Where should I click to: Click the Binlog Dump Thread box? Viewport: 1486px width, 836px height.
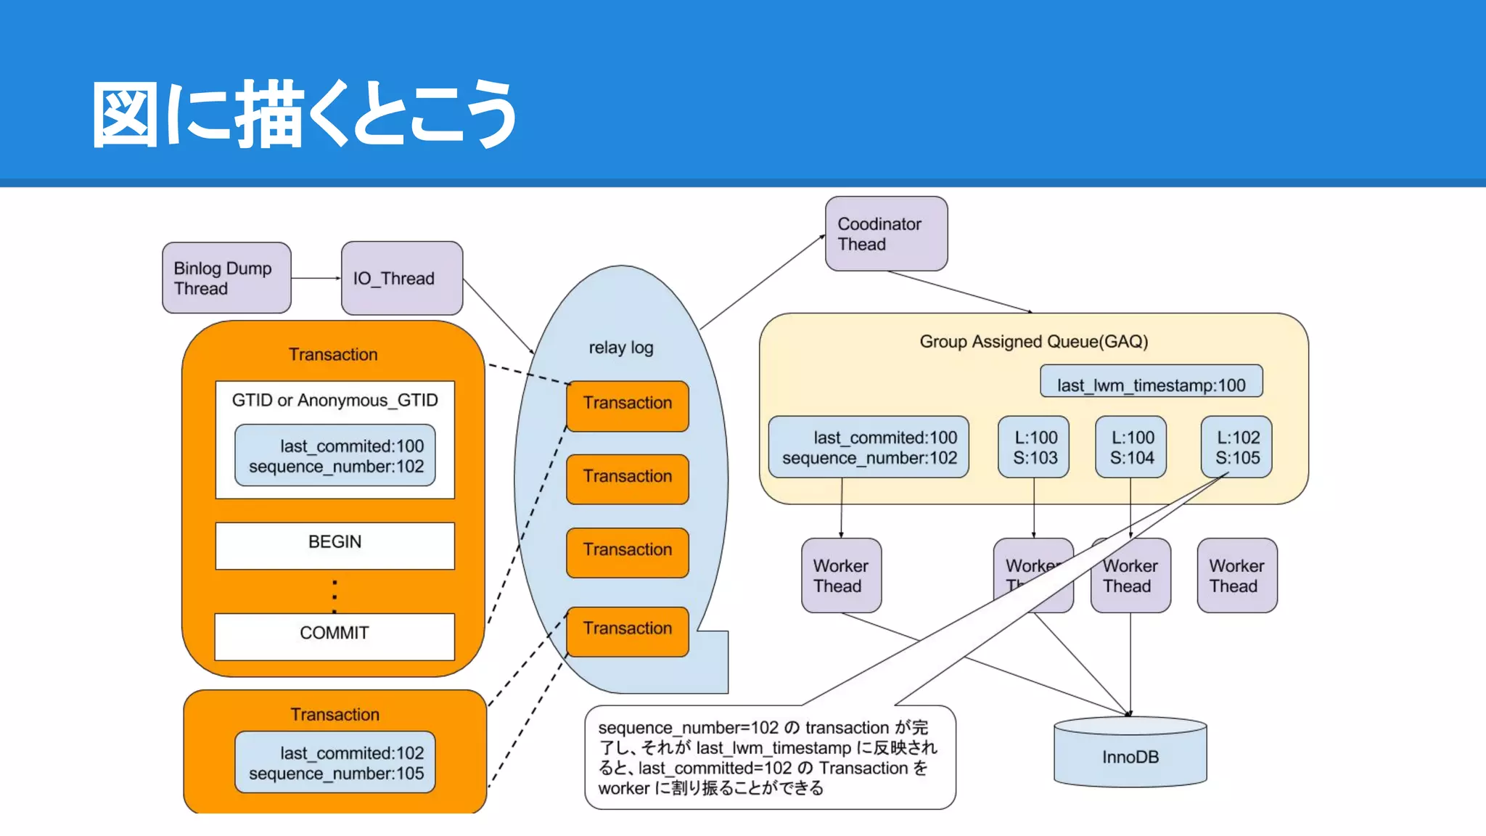click(226, 278)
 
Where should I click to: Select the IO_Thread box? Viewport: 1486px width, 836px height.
click(401, 278)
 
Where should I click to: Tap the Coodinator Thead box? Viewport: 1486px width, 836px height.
click(886, 234)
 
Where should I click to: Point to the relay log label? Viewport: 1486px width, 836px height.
click(621, 348)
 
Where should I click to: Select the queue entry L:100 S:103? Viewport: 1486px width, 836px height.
click(1034, 447)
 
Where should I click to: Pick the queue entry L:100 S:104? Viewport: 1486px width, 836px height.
click(1130, 447)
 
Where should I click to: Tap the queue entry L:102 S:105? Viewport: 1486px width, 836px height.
click(1236, 447)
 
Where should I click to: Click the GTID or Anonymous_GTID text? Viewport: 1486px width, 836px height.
click(334, 401)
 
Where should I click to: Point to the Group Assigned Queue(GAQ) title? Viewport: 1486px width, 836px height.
click(1033, 342)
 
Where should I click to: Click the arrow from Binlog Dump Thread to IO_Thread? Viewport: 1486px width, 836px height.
click(316, 278)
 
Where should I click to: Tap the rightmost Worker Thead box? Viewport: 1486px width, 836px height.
click(1236, 575)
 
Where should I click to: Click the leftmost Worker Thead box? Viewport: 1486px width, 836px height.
click(841, 575)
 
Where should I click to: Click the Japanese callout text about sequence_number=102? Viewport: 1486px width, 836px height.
click(769, 758)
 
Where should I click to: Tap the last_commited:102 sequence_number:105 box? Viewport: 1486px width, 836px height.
click(335, 763)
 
